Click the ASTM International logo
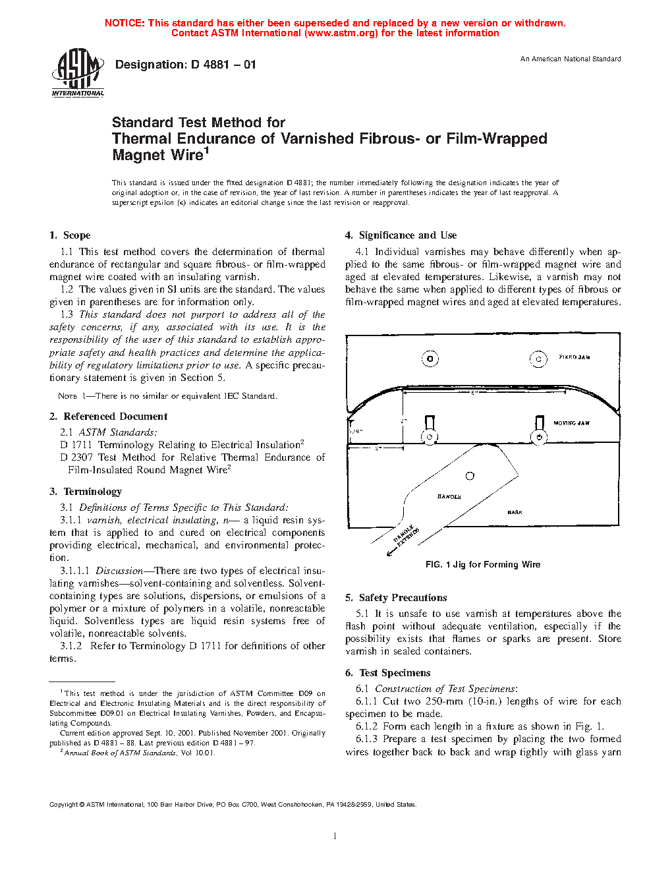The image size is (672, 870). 77,73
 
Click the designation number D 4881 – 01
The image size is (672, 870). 185,65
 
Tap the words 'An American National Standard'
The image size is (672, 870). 570,59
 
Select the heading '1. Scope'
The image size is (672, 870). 70,235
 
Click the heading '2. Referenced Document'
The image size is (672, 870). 109,417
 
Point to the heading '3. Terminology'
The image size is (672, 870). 86,492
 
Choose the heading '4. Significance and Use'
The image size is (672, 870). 401,235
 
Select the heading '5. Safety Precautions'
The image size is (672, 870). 396,598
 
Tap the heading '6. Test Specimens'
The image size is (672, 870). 387,673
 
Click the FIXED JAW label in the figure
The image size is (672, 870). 574,357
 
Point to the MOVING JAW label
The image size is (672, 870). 571,423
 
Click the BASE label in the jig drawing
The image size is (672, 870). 515,512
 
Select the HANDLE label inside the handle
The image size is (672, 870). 449,496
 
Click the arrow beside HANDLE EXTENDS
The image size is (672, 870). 391,552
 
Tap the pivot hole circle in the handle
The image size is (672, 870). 470,476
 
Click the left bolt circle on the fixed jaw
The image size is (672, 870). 430,359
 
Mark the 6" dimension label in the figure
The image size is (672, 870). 474,393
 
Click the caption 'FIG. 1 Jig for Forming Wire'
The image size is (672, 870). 482,565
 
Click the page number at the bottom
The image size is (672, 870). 335,836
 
